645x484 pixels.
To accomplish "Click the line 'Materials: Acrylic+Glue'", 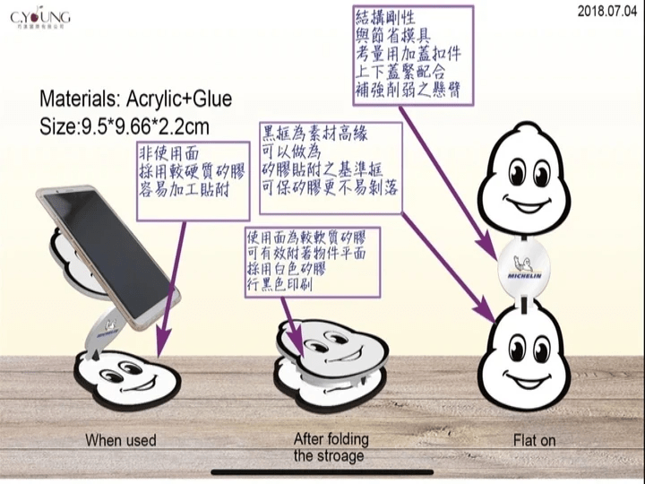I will pos(136,99).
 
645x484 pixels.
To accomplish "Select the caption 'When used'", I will pos(120,440).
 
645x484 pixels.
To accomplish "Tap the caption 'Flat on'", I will pos(535,440).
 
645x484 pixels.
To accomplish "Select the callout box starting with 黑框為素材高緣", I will pos(328,162).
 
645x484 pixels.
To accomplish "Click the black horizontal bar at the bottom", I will pos(322,471).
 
